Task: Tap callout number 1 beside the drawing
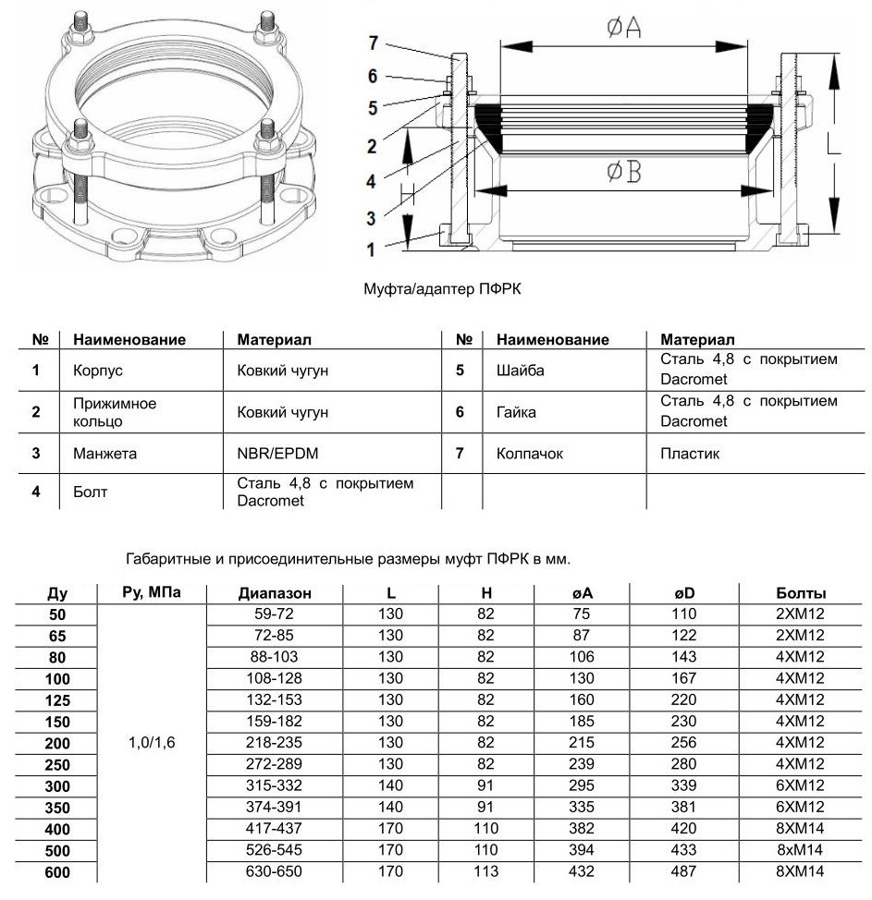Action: tap(372, 249)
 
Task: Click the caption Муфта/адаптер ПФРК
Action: tap(443, 289)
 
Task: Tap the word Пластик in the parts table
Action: tap(690, 453)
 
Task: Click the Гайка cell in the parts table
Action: tap(516, 411)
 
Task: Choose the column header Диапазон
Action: tap(274, 593)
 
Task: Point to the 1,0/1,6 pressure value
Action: tap(148, 741)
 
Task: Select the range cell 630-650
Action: tap(274, 871)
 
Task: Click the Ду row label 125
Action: tap(57, 699)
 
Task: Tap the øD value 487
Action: tap(684, 871)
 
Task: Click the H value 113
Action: tap(486, 871)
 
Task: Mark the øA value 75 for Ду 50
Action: tap(582, 614)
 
